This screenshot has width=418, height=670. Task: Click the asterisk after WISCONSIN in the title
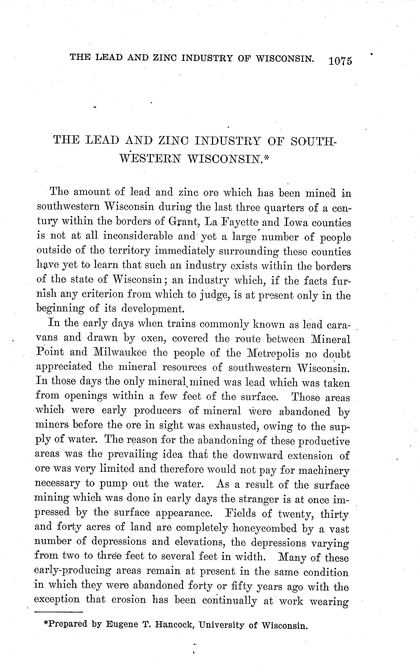267,158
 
